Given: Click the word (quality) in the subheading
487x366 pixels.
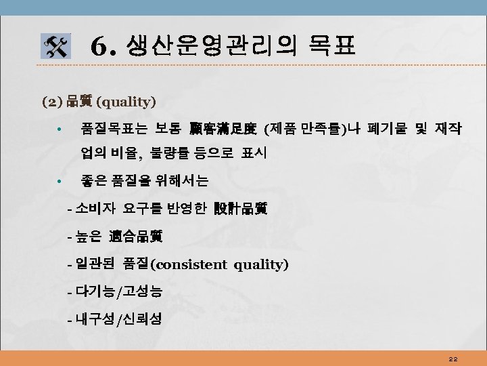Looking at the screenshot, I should click(126, 102).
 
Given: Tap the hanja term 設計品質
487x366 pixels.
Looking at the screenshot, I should click(240, 209).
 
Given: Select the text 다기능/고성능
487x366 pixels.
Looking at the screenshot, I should click(119, 291).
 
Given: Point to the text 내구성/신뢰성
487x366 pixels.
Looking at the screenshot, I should click(119, 319).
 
